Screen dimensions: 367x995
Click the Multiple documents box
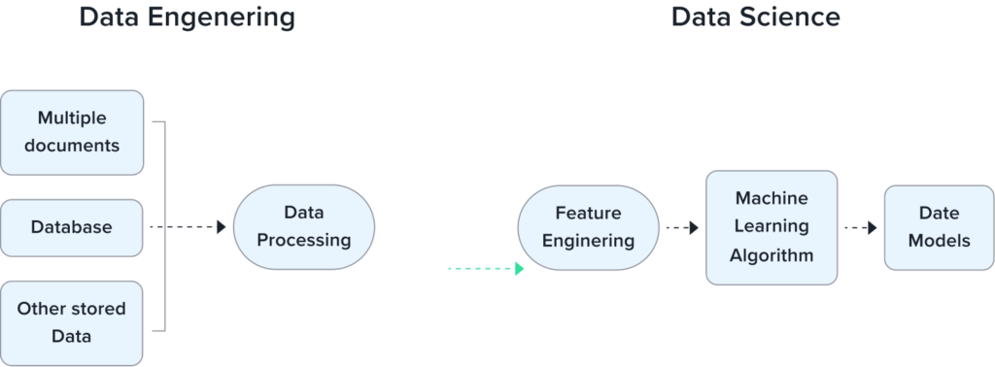click(72, 132)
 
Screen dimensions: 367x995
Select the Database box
click(72, 227)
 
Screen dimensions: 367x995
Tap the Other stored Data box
click(72, 322)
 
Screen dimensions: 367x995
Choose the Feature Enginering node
click(588, 226)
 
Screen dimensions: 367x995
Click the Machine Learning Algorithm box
click(771, 226)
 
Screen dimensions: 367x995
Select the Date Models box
click(939, 226)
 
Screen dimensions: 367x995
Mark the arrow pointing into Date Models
click(860, 227)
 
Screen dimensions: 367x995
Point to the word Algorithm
click(772, 255)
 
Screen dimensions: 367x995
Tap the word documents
click(73, 146)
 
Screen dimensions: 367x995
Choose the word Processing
click(303, 240)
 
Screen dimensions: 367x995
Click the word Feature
click(588, 213)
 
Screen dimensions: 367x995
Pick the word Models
click(939, 240)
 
